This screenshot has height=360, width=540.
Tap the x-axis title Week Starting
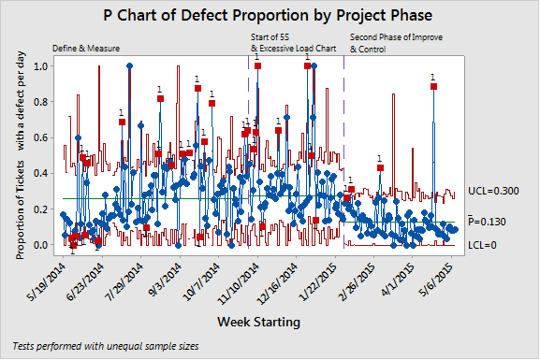258,323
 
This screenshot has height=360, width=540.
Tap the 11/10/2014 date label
241,278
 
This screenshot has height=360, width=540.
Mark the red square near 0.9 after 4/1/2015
433,86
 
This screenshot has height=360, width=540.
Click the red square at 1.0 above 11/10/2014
257,66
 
